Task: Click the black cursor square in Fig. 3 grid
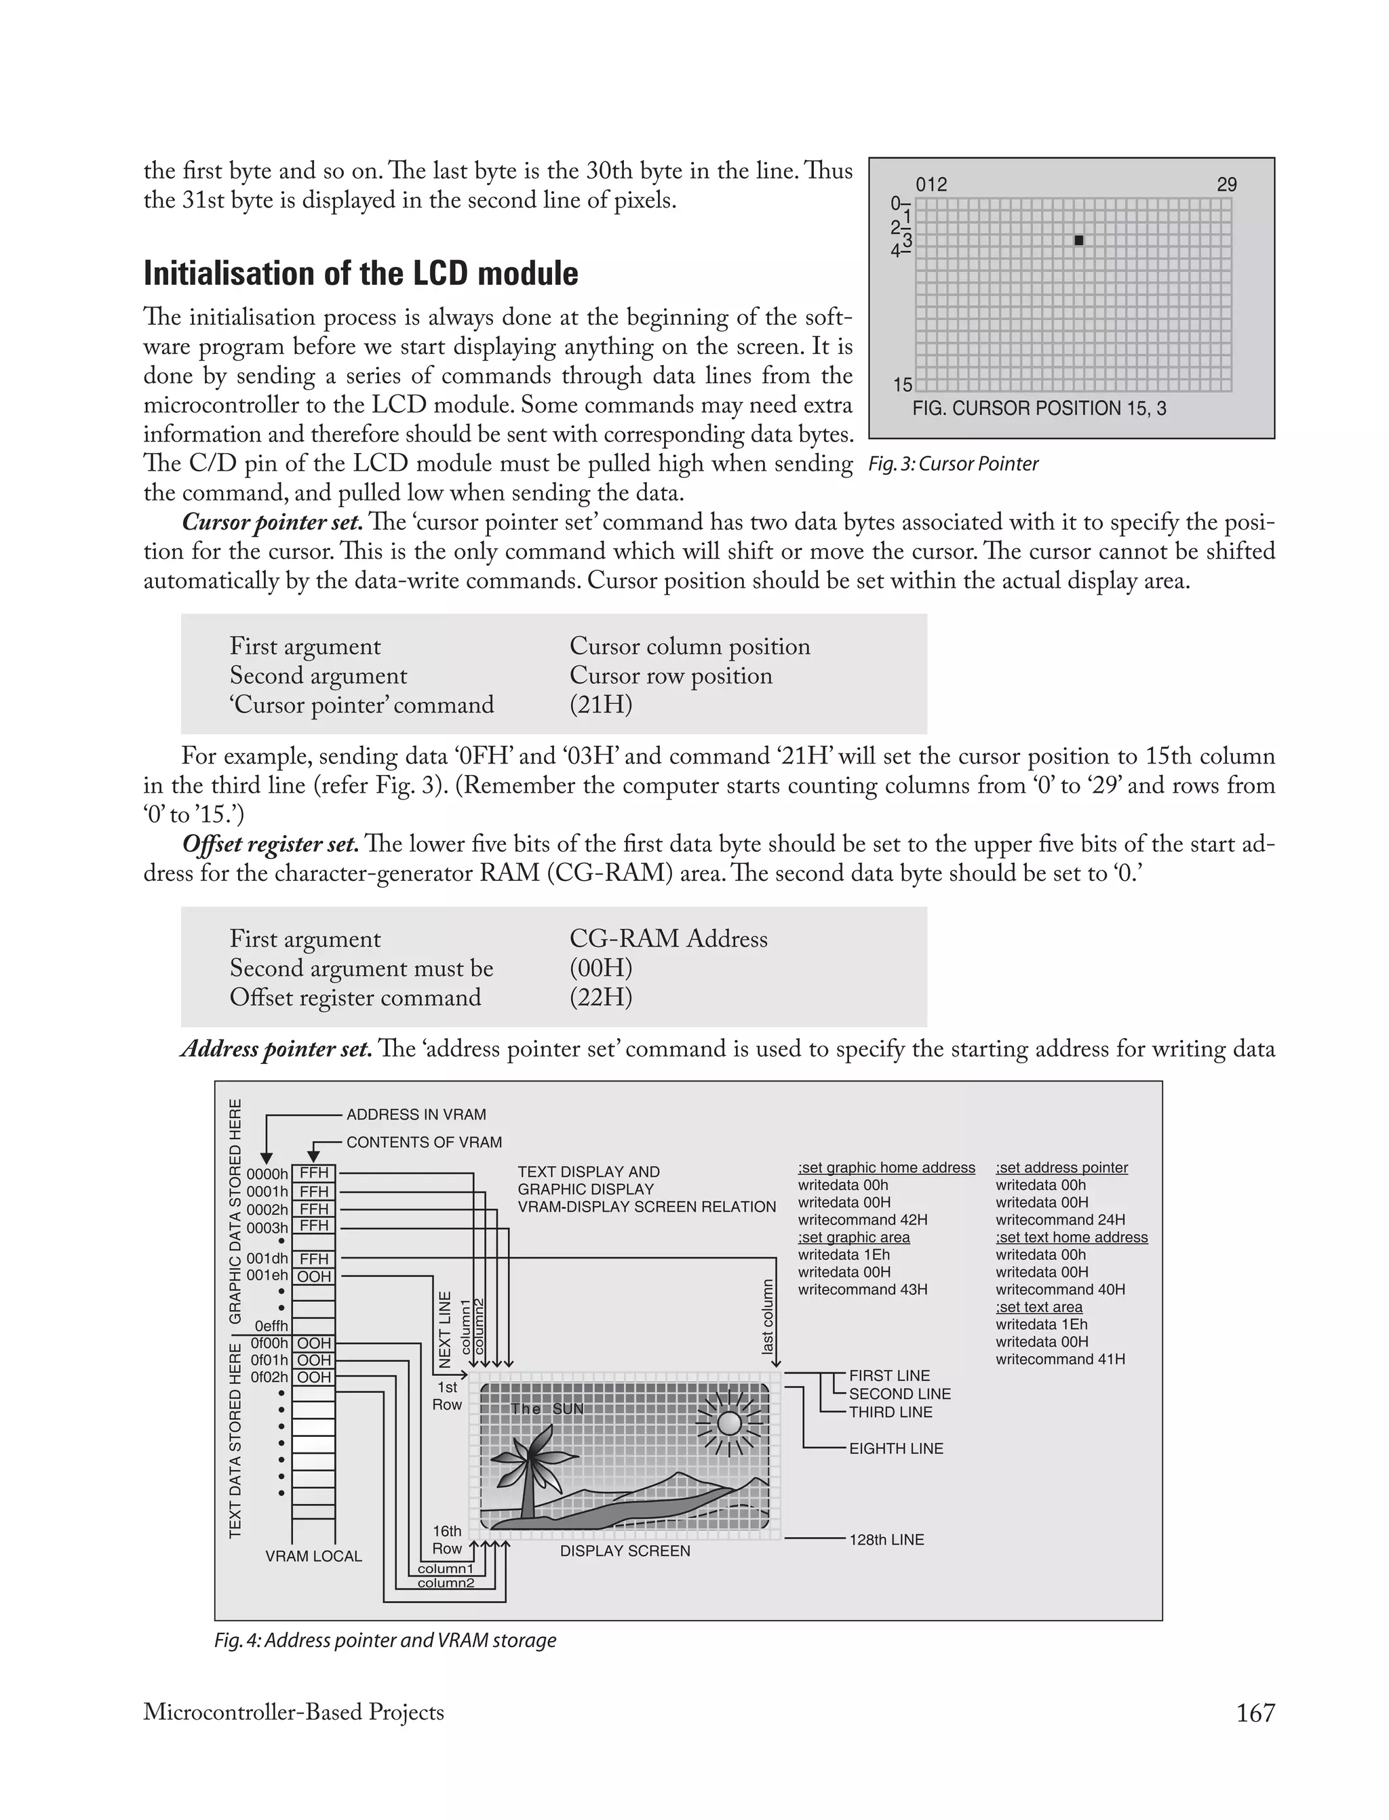tap(1078, 241)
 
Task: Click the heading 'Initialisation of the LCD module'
tap(361, 273)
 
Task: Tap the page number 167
tap(1255, 1713)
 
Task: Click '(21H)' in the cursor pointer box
tap(601, 705)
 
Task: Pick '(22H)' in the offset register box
tap(601, 997)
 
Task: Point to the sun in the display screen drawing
tap(729, 1423)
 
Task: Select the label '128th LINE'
tap(886, 1540)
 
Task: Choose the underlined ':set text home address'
tap(1072, 1238)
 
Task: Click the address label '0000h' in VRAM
tap(267, 1174)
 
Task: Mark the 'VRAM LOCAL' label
tap(313, 1556)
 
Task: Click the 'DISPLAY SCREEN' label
tap(625, 1551)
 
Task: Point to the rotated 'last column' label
tap(768, 1318)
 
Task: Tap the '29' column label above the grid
tap(1226, 184)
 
